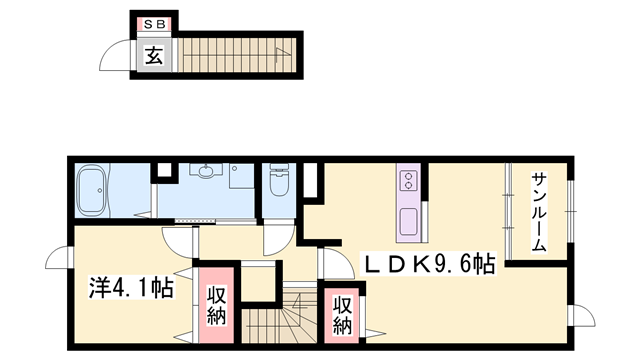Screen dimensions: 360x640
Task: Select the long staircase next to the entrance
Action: click(x=236, y=54)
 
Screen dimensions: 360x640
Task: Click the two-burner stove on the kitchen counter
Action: click(x=408, y=181)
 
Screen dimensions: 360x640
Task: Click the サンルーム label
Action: click(x=538, y=213)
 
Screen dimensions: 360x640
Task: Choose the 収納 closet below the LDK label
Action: click(x=342, y=314)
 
